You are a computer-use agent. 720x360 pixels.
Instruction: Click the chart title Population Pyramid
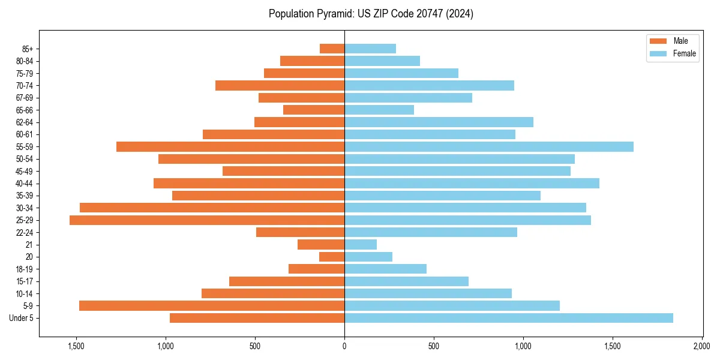tap(371, 14)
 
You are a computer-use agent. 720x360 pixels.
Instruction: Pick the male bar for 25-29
tap(207, 220)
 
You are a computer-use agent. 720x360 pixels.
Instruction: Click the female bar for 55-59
tap(488, 146)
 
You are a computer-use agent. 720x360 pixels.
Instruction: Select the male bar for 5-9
tap(212, 306)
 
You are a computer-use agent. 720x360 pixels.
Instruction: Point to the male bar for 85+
tap(332, 49)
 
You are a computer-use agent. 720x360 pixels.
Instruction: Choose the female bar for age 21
tap(360, 245)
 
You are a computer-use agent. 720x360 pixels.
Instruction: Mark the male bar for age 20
tap(332, 257)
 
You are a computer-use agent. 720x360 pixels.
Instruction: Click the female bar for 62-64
tap(439, 122)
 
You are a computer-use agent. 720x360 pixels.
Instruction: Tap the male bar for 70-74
tap(280, 85)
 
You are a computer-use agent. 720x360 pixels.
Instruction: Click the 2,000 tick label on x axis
tap(702, 347)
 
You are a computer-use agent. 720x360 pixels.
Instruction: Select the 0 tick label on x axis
tap(344, 347)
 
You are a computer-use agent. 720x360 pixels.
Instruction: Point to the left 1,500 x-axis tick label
tap(76, 347)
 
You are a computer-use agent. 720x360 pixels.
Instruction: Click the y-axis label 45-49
tap(23, 171)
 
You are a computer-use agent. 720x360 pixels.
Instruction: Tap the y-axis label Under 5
tap(22, 318)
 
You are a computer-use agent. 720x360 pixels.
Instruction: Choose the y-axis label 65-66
tap(23, 110)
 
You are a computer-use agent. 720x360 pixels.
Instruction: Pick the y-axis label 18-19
tap(23, 269)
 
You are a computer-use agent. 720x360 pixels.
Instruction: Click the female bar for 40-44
tap(472, 184)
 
